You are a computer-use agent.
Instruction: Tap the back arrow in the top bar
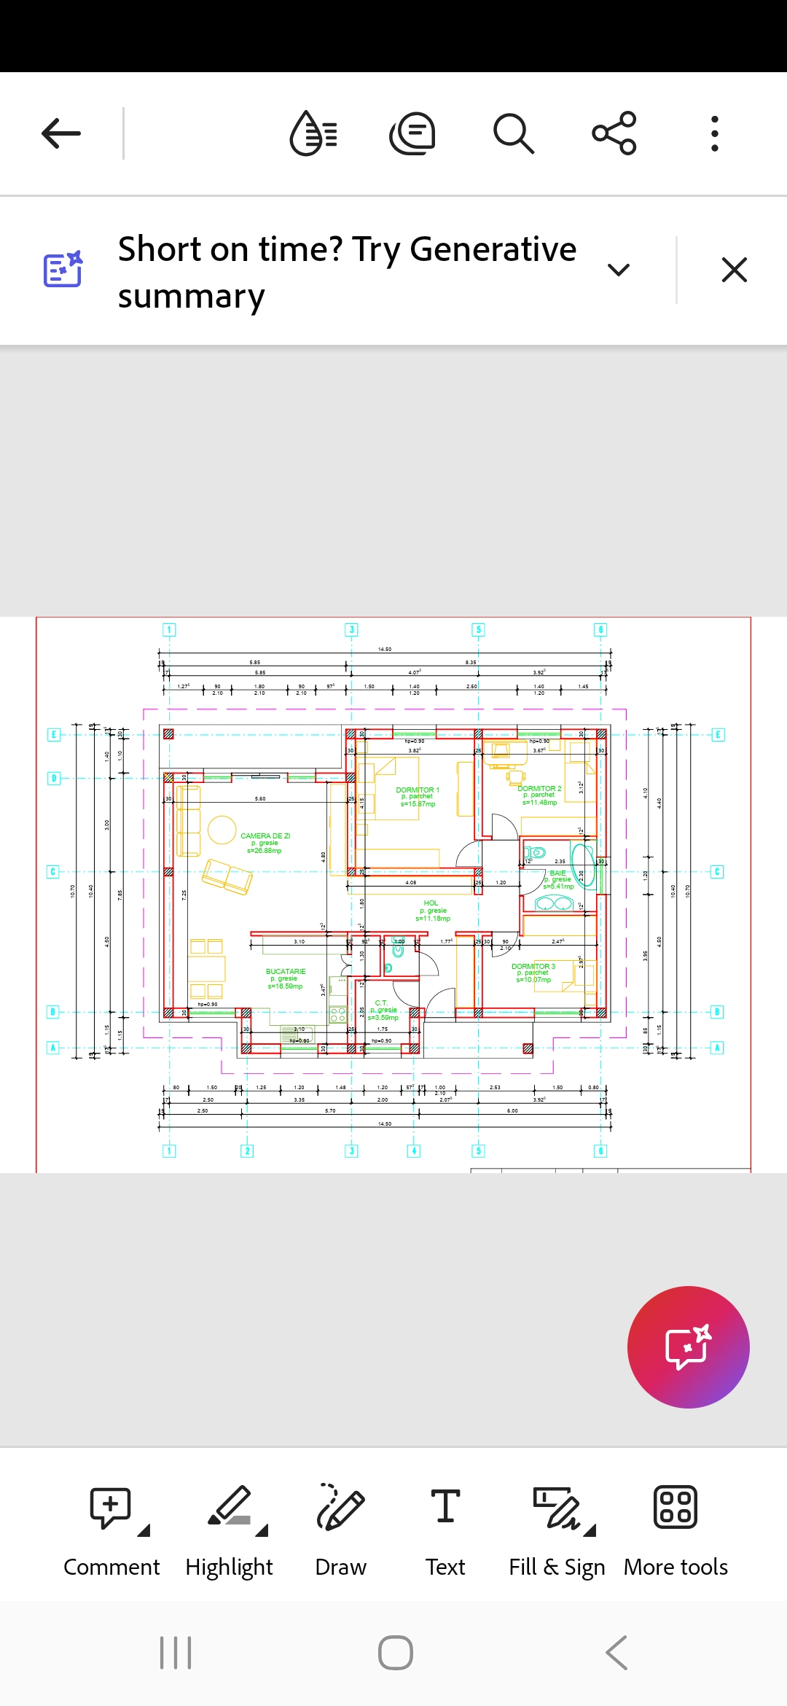61,133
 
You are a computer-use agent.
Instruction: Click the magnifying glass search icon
514,133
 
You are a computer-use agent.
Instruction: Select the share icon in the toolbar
614,133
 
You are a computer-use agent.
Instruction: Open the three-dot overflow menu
715,133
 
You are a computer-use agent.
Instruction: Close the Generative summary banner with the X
734,270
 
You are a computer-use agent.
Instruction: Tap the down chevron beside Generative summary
618,270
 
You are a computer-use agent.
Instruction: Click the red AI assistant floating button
688,1347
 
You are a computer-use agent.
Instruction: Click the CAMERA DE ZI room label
265,836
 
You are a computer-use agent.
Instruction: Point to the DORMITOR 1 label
418,790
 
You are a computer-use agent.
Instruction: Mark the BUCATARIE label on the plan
286,972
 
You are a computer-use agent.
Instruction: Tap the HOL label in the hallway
431,903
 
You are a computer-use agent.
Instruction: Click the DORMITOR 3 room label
533,967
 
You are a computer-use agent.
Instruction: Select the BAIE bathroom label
558,873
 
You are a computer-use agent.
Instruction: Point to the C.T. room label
381,1003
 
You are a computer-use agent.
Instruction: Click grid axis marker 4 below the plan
414,1151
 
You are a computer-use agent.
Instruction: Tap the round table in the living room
222,830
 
